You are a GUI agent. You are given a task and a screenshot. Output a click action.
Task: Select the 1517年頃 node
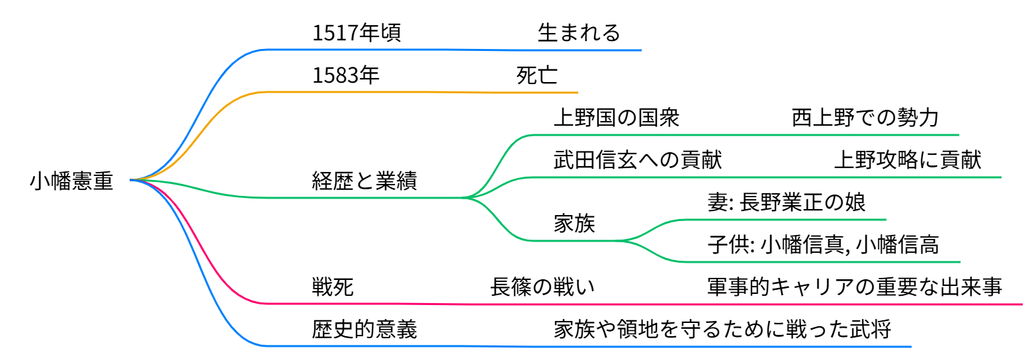(x=357, y=33)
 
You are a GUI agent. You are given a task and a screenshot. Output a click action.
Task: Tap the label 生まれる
(x=579, y=33)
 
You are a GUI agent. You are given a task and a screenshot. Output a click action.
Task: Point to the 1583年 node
(x=346, y=75)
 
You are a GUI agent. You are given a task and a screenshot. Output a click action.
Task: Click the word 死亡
(x=537, y=75)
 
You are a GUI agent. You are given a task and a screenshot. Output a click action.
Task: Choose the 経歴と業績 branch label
(x=365, y=181)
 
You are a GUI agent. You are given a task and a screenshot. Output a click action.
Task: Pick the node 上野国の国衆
(x=616, y=118)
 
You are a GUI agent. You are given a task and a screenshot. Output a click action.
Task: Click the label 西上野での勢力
(x=865, y=118)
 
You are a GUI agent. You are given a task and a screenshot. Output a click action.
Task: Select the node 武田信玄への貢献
(x=637, y=160)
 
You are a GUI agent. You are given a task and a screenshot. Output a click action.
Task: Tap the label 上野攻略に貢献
(x=908, y=160)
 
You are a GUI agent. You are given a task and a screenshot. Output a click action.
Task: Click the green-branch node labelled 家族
(x=574, y=224)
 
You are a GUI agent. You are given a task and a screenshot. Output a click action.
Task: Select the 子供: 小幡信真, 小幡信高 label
(x=823, y=245)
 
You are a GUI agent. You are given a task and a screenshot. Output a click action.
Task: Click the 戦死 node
(x=333, y=287)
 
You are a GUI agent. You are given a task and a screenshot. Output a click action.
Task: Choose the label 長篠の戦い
(x=542, y=287)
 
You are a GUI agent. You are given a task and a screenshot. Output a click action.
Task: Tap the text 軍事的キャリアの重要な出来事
(x=855, y=287)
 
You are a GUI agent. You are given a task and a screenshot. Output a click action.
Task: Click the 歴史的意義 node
(x=365, y=330)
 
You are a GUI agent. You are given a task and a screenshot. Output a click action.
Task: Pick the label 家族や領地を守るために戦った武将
(x=722, y=330)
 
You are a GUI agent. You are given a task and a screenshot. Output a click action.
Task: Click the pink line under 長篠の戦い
(x=542, y=304)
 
